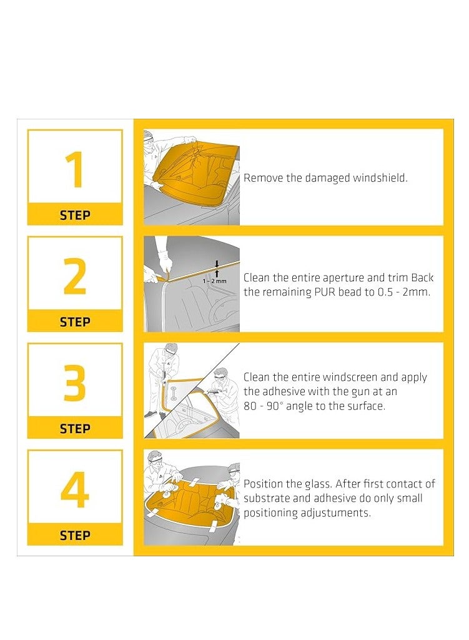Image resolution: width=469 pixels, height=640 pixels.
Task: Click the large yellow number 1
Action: (75, 169)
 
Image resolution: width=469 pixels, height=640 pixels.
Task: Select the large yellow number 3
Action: (75, 383)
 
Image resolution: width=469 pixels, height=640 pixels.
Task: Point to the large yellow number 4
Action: (75, 490)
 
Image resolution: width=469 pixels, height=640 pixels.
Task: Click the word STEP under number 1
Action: (75, 215)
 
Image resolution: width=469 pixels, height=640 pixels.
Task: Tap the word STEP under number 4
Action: (75, 536)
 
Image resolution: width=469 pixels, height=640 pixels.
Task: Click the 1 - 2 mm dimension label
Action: (214, 281)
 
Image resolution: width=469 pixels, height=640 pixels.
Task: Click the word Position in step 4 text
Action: (263, 484)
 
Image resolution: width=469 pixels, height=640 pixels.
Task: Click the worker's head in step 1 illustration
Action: (149, 137)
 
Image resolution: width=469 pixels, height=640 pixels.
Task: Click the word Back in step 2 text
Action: (422, 277)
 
